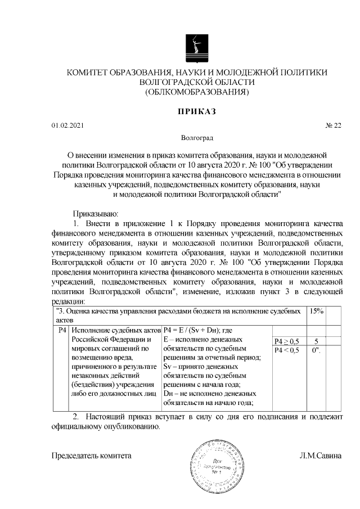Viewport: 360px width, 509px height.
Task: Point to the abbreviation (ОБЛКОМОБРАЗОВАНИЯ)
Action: tap(196, 91)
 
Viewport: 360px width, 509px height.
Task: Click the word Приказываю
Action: tap(93, 214)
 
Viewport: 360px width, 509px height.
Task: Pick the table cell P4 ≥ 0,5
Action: tap(287, 341)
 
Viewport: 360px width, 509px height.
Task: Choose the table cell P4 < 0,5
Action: tap(287, 350)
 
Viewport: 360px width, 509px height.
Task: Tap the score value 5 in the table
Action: tap(317, 341)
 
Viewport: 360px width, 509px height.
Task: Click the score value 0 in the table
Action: tap(316, 350)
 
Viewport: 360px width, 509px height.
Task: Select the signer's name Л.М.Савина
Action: tap(320, 456)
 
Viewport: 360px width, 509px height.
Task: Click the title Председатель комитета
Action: tap(92, 456)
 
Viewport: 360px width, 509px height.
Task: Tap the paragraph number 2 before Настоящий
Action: tap(76, 417)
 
